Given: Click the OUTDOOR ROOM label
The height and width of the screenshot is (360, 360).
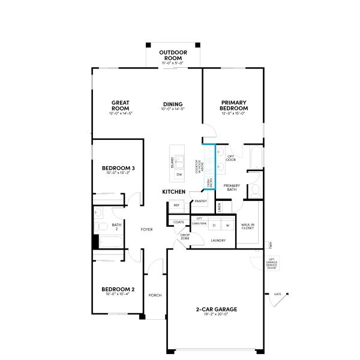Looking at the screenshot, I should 173,56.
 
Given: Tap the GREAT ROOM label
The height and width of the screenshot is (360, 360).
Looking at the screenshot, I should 121,105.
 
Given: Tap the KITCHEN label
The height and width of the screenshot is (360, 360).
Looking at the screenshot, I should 173,191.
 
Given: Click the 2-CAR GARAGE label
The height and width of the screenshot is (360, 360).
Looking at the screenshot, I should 217,309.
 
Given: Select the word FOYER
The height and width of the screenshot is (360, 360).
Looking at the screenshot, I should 147,229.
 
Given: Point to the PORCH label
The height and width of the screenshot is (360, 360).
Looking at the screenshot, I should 155,295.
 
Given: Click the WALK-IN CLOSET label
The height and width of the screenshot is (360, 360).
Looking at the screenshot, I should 247,227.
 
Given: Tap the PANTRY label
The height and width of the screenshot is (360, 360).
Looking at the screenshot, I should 200,202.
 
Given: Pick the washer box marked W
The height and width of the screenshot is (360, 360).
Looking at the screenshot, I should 227,225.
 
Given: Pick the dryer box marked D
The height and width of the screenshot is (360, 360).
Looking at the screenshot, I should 214,225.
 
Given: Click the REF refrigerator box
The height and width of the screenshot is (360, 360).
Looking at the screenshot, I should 176,205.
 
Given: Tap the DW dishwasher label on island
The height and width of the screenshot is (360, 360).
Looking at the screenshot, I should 179,174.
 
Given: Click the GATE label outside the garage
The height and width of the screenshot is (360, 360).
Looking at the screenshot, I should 278,294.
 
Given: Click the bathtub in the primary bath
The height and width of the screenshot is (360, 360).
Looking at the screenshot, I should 256,157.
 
